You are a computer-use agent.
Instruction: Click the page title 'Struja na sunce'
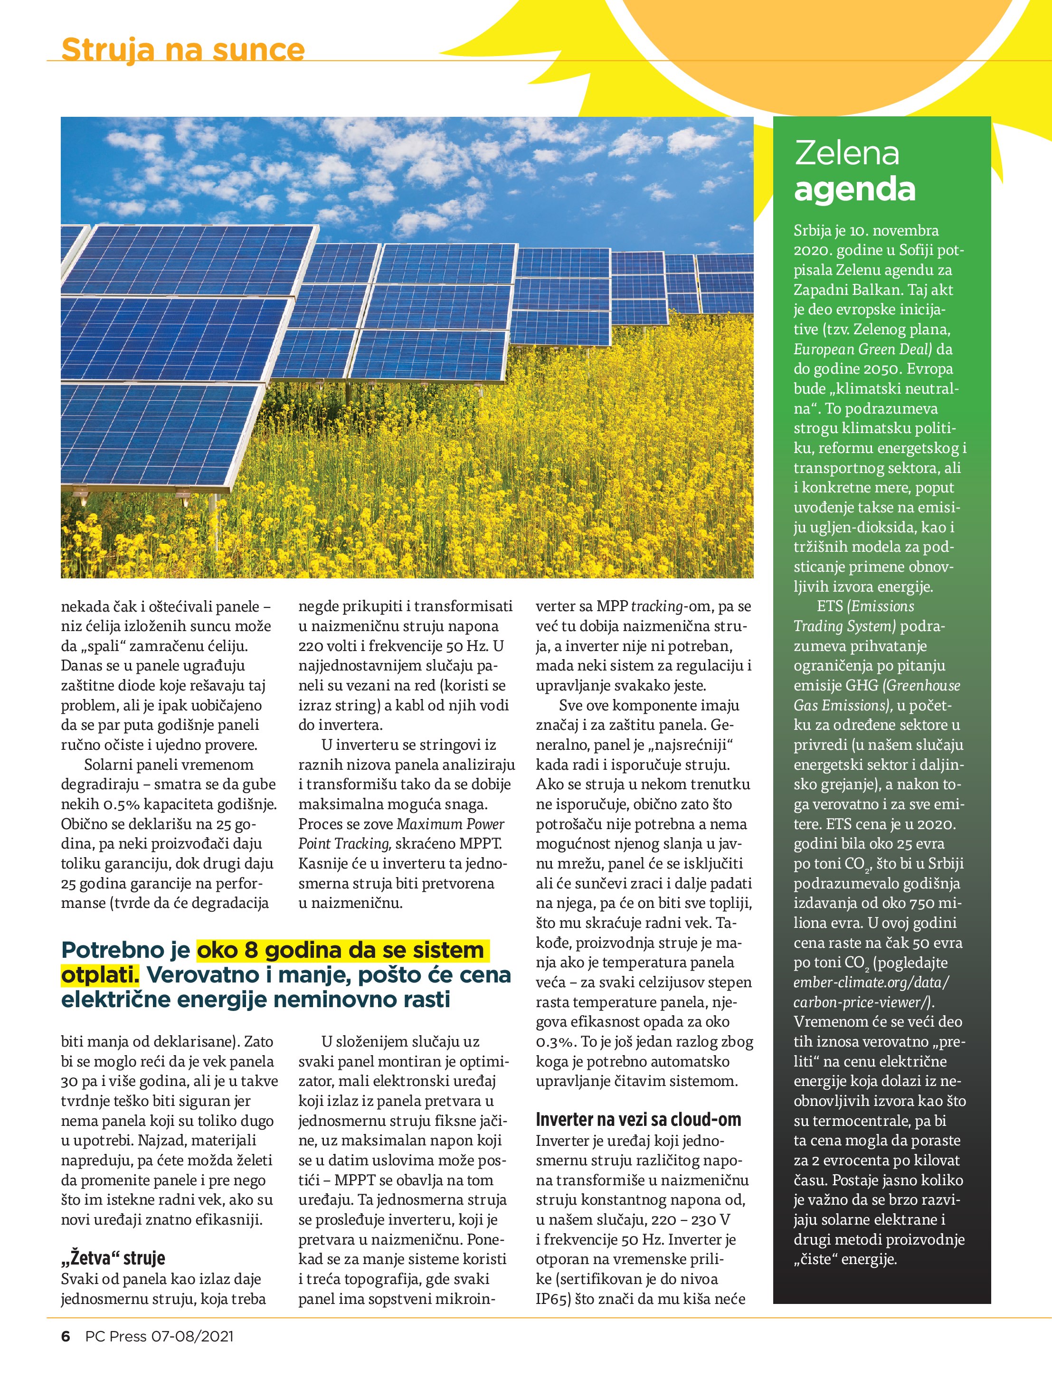click(x=183, y=49)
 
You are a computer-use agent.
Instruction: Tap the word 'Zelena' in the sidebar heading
click(x=846, y=153)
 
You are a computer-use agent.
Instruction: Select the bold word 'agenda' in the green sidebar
click(x=854, y=189)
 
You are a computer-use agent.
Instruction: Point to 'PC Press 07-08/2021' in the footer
click(x=160, y=1336)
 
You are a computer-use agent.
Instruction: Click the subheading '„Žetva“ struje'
click(x=113, y=1257)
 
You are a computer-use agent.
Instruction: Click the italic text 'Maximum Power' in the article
click(x=451, y=824)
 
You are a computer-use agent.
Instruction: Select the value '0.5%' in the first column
click(x=121, y=804)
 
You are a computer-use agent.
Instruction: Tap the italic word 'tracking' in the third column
click(x=656, y=606)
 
